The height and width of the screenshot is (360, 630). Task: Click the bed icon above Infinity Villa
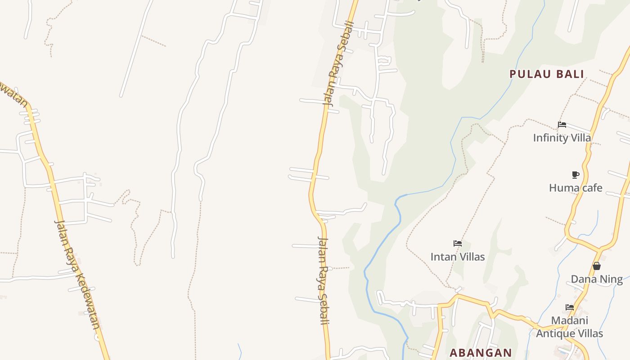click(x=562, y=125)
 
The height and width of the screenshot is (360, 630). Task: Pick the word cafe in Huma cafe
click(x=590, y=188)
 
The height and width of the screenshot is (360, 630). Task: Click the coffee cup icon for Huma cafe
click(x=575, y=175)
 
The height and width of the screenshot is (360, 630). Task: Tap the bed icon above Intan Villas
click(x=458, y=243)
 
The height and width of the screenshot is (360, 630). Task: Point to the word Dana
click(x=583, y=279)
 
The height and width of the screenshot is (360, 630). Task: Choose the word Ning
click(x=611, y=279)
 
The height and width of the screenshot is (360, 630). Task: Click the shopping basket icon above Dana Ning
click(x=597, y=266)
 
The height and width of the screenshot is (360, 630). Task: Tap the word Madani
click(x=570, y=320)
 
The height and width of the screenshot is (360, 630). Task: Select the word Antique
click(x=555, y=333)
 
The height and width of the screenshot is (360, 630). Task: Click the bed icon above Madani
click(x=570, y=307)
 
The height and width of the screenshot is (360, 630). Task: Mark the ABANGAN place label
click(x=481, y=353)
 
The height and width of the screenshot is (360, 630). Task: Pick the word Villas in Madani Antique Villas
click(x=589, y=333)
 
